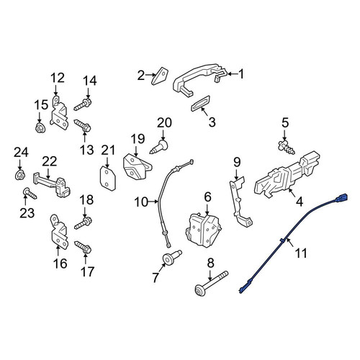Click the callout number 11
coord(301,253)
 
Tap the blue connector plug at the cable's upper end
coord(341,198)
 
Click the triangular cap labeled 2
coord(160,76)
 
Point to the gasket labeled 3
coord(201,104)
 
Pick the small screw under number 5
coord(287,148)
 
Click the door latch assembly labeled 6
coord(203,230)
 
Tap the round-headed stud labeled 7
coord(172,257)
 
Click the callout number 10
coord(141,202)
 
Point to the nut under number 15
coord(40,127)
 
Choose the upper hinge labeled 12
coord(59,113)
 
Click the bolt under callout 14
coord(83,105)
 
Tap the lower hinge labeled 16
coord(59,233)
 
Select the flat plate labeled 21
coord(108,179)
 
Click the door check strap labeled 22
coord(52,185)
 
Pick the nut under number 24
coord(20,175)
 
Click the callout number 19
coord(138,139)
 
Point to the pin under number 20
coord(159,147)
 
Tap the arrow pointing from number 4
coord(292,193)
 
